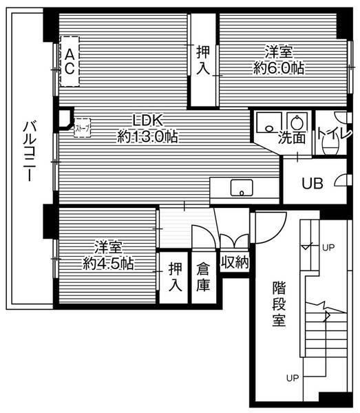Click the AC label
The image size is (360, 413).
pyautogui.click(x=70, y=61)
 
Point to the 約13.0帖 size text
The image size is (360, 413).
pyautogui.click(x=147, y=136)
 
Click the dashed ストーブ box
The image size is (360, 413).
pyautogui.click(x=81, y=128)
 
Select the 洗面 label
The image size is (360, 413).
pyautogui.click(x=292, y=137)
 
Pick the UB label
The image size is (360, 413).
pyautogui.click(x=313, y=183)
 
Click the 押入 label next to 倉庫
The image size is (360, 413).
pyautogui.click(x=176, y=277)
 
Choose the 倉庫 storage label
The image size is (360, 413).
pyautogui.click(x=203, y=277)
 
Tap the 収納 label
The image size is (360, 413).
pyautogui.click(x=234, y=262)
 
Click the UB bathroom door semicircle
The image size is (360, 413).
pyautogui.click(x=339, y=182)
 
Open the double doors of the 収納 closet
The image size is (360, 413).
pyautogui.click(x=234, y=241)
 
